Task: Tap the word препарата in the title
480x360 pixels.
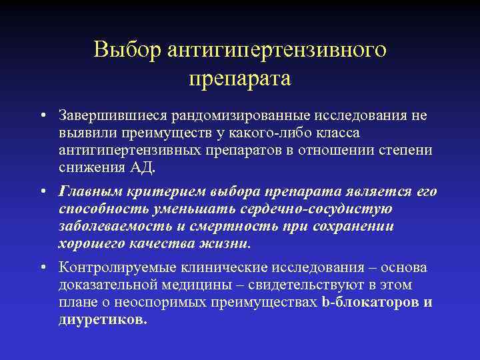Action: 240,79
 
